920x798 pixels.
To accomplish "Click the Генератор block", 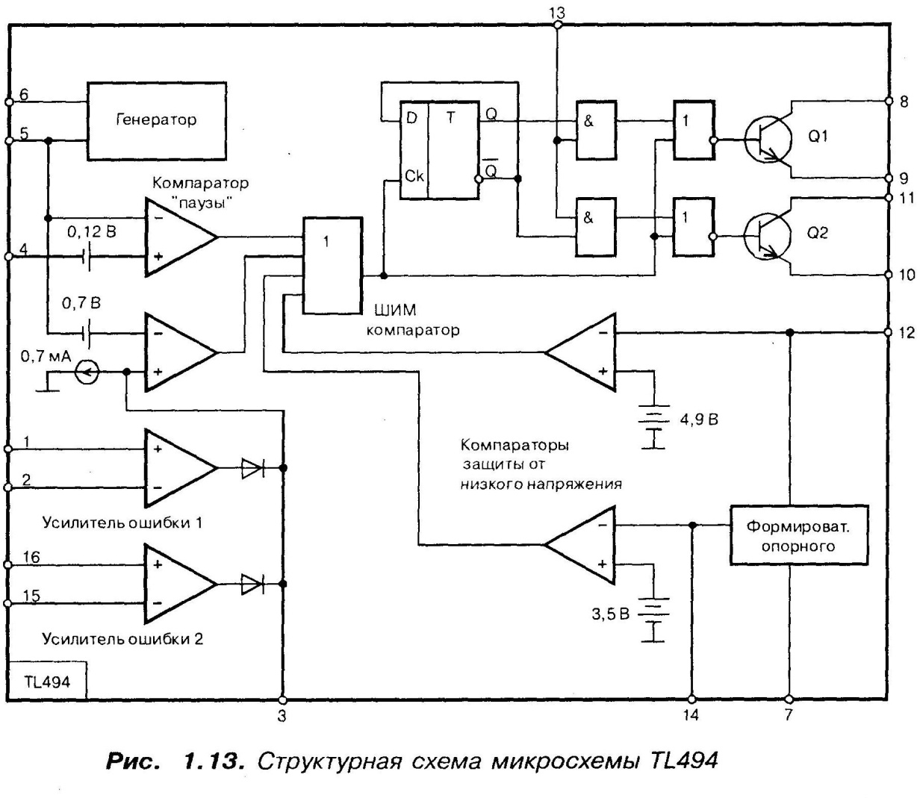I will coord(157,120).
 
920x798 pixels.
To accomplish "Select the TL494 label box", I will coord(46,681).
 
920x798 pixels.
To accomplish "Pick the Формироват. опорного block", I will coord(799,536).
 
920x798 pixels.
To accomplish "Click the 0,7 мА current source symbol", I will coord(87,371).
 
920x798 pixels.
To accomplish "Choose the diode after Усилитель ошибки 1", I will coord(252,468).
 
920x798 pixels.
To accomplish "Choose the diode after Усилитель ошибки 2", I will coord(252,584).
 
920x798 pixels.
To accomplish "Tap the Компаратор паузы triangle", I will coord(179,237).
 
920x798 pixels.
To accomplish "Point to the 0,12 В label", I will coord(91,232).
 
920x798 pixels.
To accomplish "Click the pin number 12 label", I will coord(906,331).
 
